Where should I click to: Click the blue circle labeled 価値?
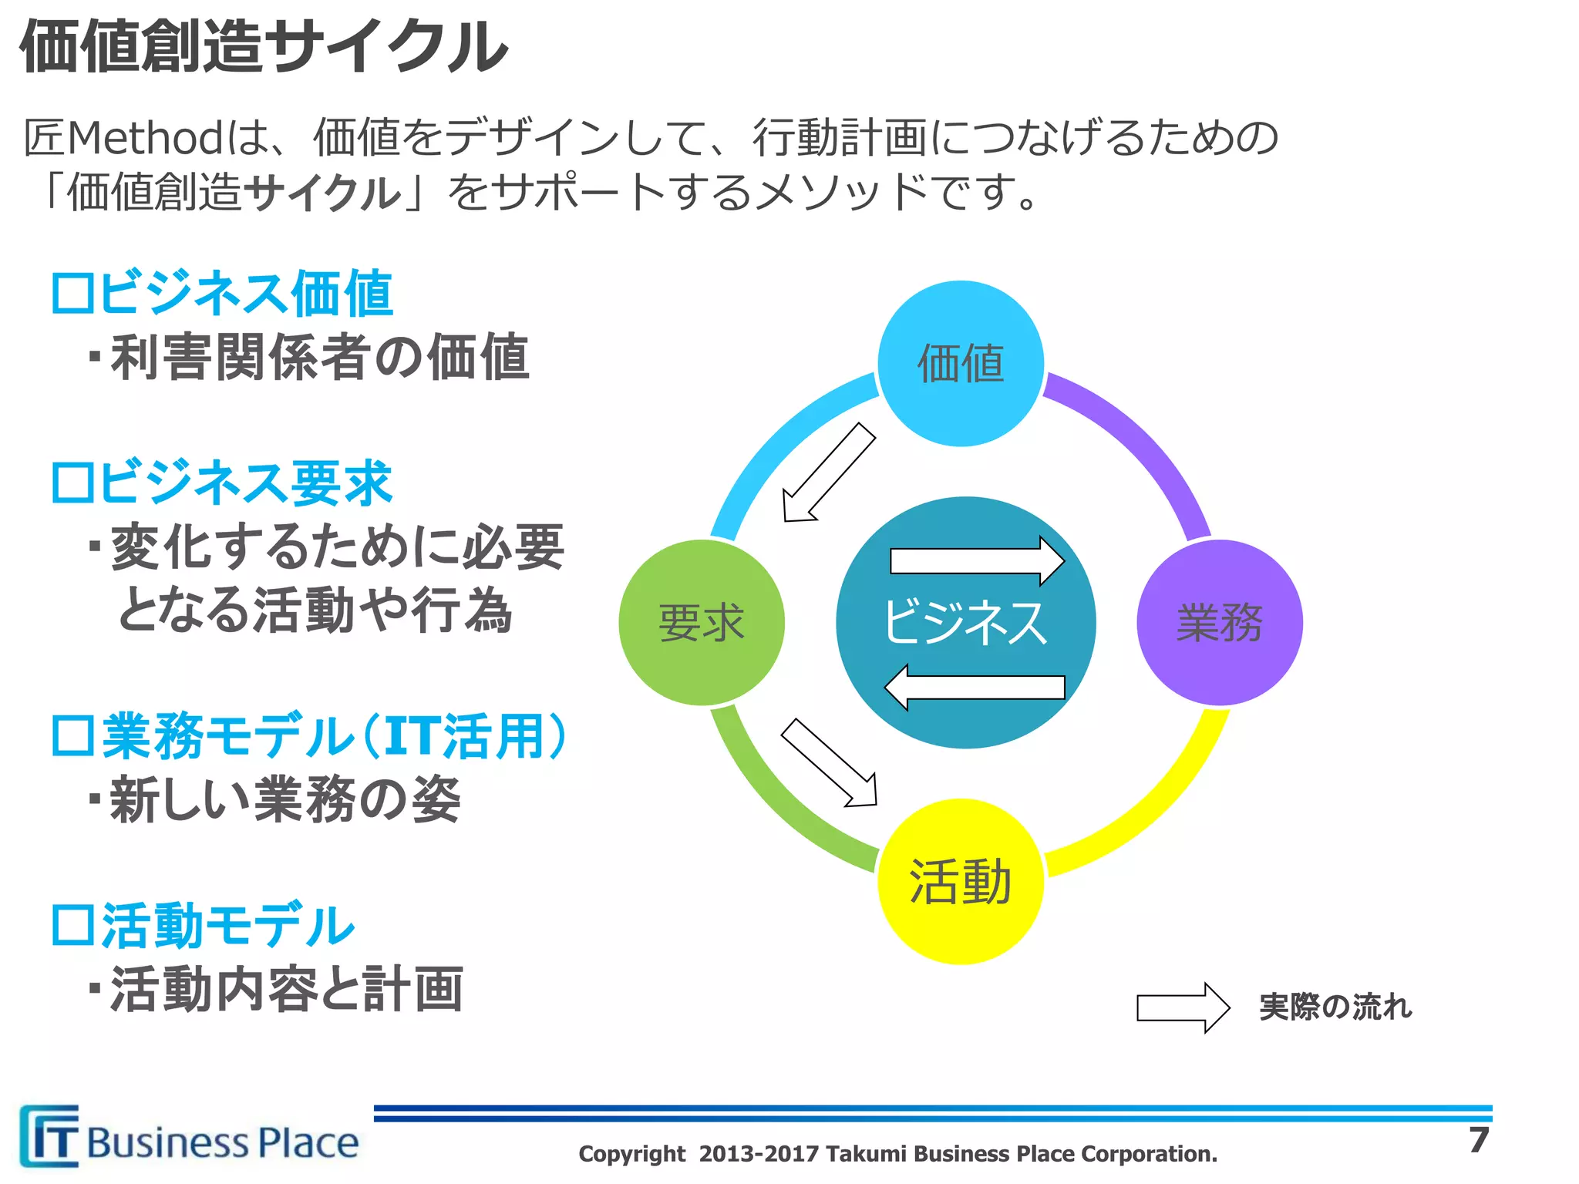click(961, 363)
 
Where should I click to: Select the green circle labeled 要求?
click(702, 622)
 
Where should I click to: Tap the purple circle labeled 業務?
click(1220, 622)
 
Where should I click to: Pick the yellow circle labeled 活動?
click(961, 882)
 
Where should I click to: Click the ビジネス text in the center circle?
click(965, 622)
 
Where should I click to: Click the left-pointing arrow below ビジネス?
click(975, 687)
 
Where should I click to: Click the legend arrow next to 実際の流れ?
click(1183, 1007)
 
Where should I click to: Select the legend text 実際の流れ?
click(1335, 1007)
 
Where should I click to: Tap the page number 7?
click(1478, 1140)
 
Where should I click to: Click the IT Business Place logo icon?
click(49, 1136)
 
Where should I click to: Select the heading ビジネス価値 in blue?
click(222, 294)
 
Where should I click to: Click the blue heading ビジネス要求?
click(222, 483)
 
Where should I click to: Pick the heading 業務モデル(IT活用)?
click(308, 736)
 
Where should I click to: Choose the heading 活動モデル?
click(203, 926)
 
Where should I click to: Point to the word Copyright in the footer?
click(631, 1154)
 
